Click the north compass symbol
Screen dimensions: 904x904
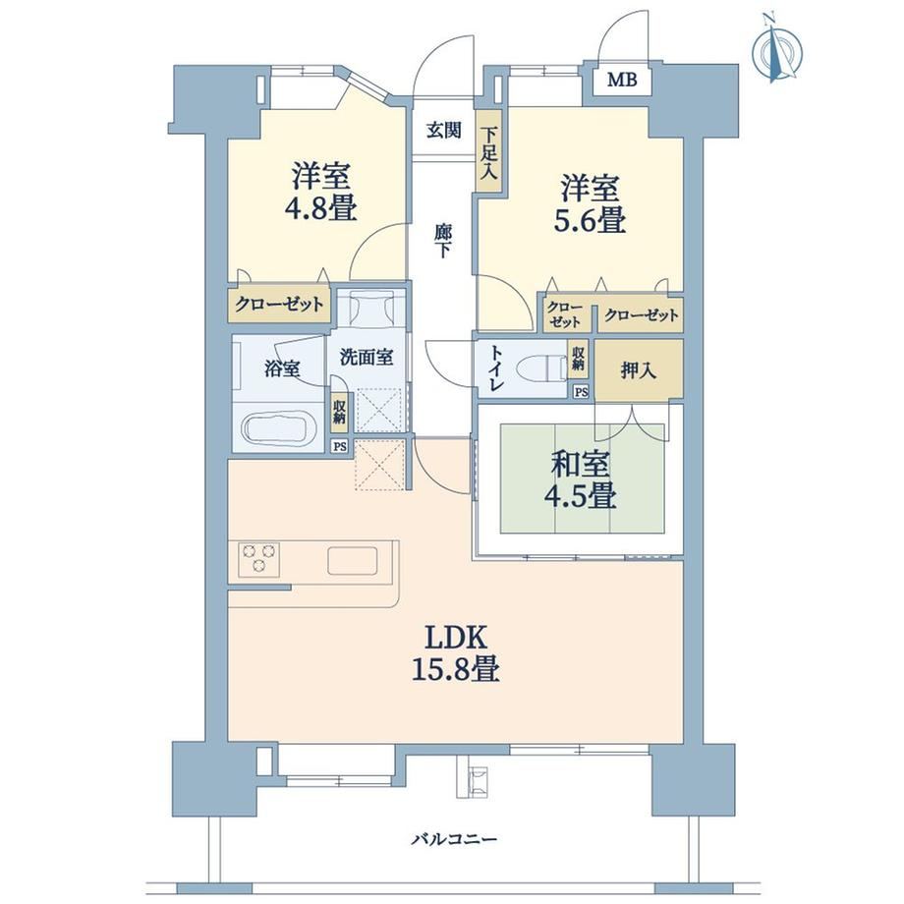(778, 51)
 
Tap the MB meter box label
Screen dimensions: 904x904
(623, 80)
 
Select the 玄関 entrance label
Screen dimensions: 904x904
(443, 131)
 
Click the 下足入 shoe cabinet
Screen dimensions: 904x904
(489, 151)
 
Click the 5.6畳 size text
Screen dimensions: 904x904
(590, 220)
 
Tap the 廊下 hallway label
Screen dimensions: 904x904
(443, 241)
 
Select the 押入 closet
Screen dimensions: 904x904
(639, 370)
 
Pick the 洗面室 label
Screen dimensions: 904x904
(367, 358)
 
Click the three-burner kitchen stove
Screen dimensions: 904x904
(258, 559)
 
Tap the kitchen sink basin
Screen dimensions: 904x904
(353, 560)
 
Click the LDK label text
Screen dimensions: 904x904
(456, 641)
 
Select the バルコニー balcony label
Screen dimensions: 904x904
(454, 839)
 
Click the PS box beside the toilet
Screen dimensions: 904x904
(581, 393)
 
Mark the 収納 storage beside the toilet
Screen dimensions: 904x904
(578, 358)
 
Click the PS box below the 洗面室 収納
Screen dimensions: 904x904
(340, 446)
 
